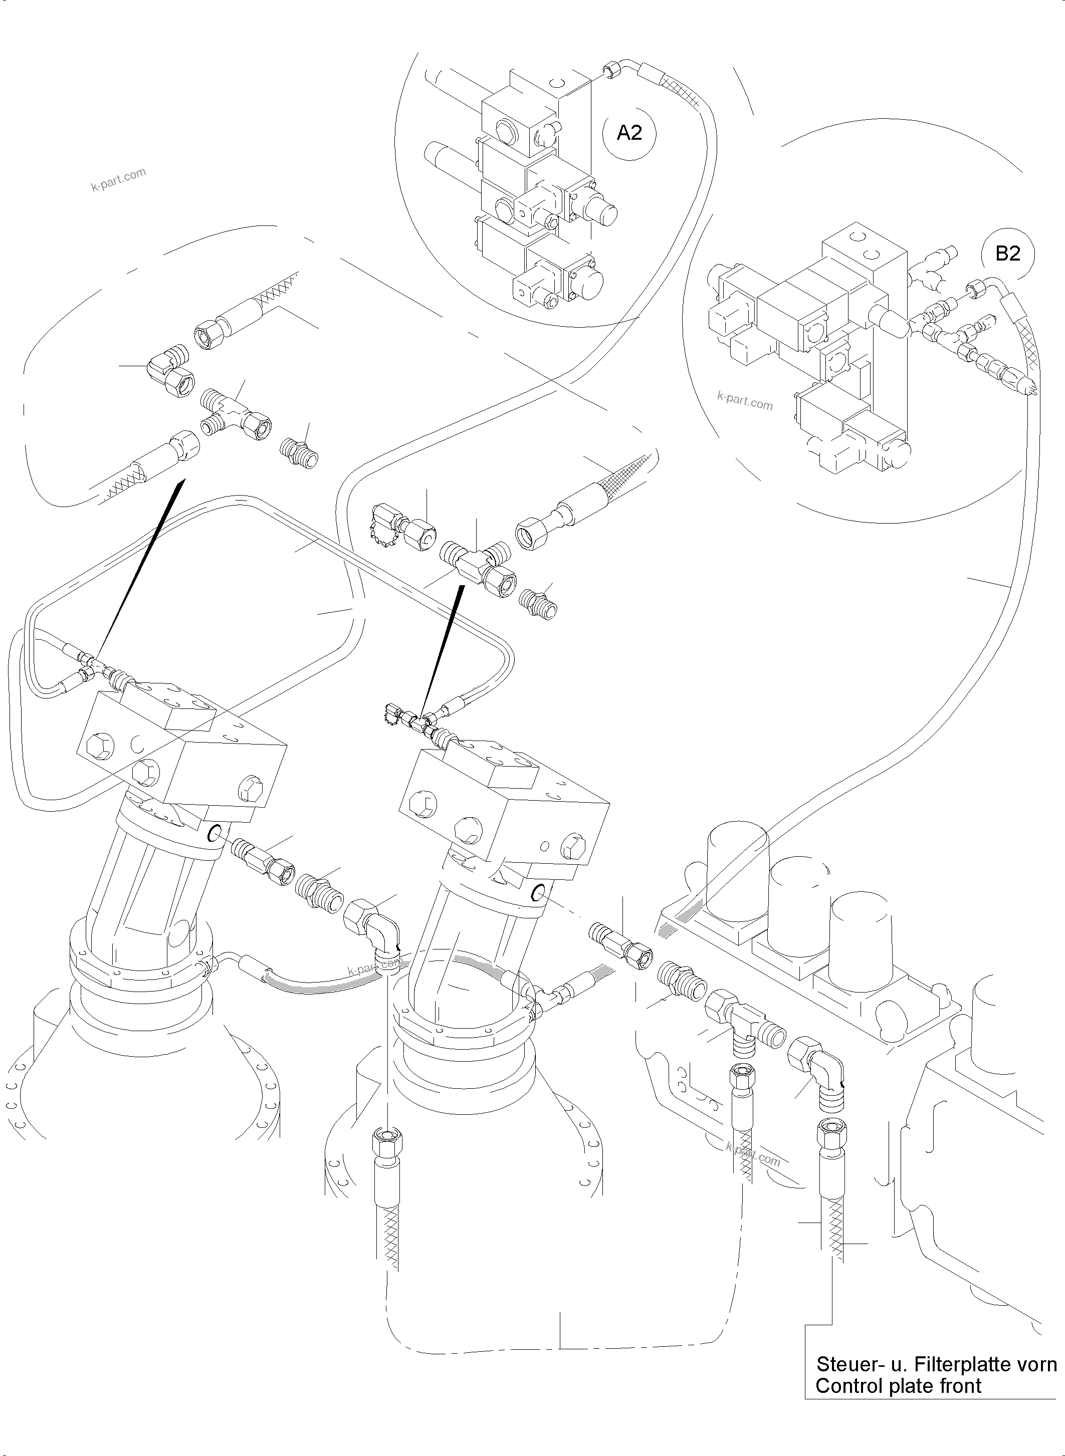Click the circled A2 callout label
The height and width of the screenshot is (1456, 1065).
click(629, 133)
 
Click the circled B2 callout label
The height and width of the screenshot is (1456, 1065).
click(1008, 254)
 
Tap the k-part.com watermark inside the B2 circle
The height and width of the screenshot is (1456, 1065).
click(745, 401)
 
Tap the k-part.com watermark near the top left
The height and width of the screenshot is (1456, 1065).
click(119, 180)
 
